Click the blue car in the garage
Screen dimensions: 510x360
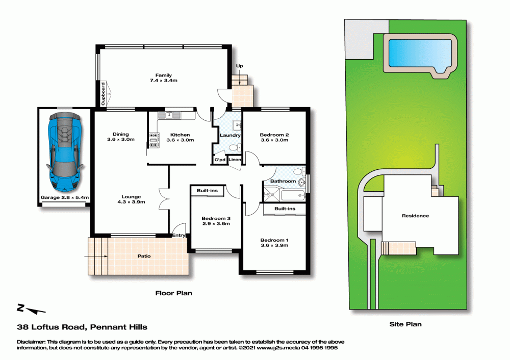click(65, 152)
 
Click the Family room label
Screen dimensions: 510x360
click(164, 78)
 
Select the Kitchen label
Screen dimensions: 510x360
click(180, 137)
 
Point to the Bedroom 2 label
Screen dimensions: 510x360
click(274, 137)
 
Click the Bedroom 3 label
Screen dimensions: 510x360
click(216, 221)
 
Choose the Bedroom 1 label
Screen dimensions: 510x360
click(274, 243)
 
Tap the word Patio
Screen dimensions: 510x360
click(144, 256)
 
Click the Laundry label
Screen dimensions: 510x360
click(230, 135)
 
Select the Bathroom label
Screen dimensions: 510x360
click(283, 181)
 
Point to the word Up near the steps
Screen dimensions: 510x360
click(239, 66)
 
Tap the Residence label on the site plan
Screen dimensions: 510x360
click(415, 216)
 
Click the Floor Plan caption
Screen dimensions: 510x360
click(174, 293)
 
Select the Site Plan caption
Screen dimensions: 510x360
click(405, 324)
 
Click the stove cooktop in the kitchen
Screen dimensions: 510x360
click(154, 140)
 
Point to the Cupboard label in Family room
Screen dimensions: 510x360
click(103, 94)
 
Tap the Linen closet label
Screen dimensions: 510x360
click(235, 160)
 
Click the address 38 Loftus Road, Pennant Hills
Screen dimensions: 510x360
click(82, 327)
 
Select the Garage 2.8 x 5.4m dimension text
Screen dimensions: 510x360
click(65, 197)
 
